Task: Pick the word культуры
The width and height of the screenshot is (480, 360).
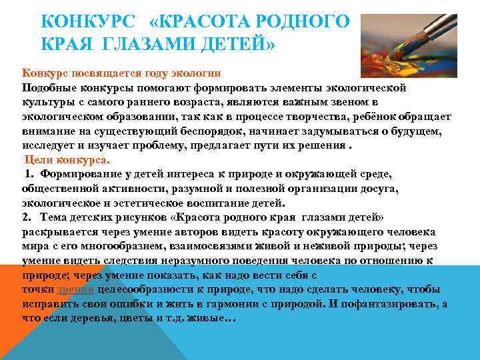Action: (x=47, y=102)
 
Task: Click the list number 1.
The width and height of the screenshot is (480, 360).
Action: (x=29, y=175)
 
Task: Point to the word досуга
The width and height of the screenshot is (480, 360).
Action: (x=380, y=189)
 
